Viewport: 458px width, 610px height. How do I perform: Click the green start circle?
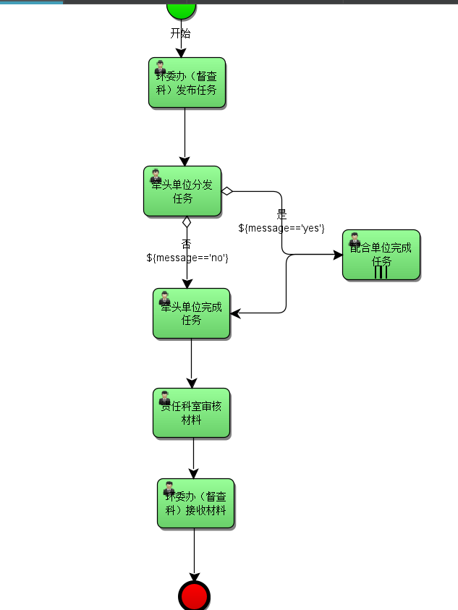pos(181,8)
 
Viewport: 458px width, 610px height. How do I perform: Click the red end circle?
pos(194,597)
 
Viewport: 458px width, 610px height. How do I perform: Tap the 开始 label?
pos(181,33)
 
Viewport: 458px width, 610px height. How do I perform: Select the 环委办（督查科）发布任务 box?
pos(187,83)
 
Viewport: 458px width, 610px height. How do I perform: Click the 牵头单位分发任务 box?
pos(182,192)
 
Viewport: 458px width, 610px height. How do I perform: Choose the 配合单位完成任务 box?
pos(381,255)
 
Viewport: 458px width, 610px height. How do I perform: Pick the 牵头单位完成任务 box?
pos(191,314)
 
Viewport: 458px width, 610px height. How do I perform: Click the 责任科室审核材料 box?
pos(191,413)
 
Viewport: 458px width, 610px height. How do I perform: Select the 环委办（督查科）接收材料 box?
pos(195,504)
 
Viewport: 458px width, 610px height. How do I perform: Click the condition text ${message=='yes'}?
pos(281,228)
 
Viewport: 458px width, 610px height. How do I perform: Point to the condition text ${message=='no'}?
pos(187,257)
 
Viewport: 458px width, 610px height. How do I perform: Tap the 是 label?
pos(281,215)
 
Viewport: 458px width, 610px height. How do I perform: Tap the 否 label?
pos(186,244)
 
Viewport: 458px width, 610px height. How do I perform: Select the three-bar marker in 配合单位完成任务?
pos(381,273)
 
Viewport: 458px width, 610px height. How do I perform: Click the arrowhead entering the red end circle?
pos(194,577)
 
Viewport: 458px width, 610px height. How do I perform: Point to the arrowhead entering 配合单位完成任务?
pos(337,255)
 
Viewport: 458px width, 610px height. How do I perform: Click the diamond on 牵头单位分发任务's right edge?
pos(226,191)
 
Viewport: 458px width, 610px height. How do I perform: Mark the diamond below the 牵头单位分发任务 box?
pos(187,221)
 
